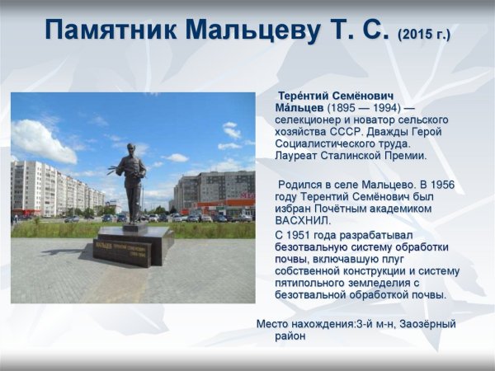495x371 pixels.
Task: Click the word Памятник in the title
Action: tap(111, 31)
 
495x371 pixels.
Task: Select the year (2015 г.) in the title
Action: tap(424, 35)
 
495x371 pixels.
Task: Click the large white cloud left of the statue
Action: tap(41, 140)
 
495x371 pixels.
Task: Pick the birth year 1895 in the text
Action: tap(344, 108)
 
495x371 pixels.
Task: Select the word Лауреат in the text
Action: tap(299, 155)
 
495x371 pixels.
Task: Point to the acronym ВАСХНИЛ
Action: tap(302, 220)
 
